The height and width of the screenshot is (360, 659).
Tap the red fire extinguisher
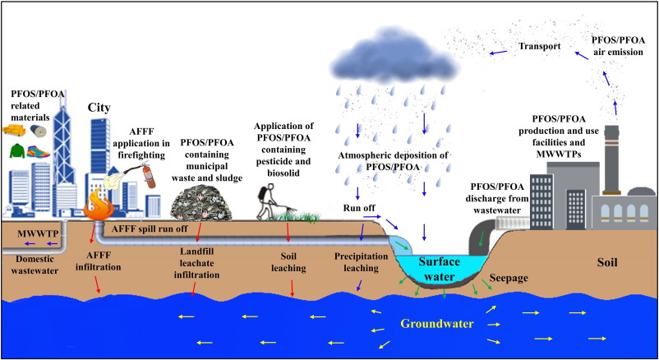153,178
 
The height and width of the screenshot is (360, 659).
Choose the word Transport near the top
540,47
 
